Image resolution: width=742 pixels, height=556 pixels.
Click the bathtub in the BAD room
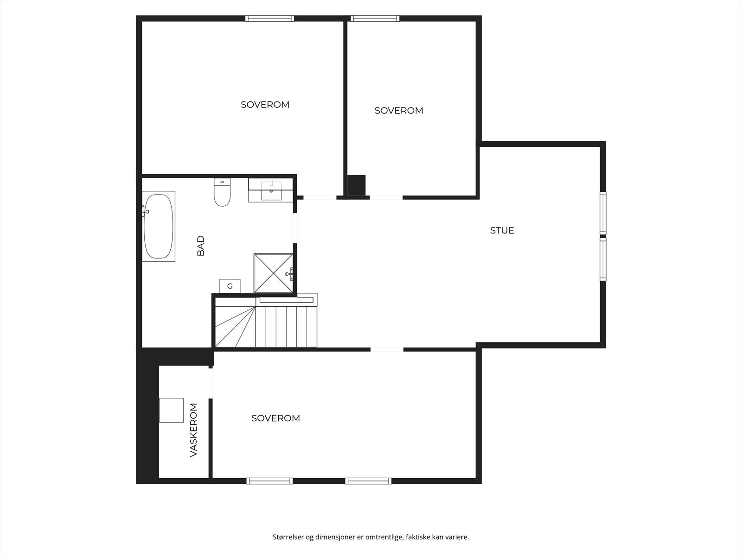[x=158, y=227]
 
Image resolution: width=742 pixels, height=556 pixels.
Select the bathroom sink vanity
[x=271, y=190]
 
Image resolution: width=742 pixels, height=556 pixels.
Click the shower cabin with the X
[x=274, y=273]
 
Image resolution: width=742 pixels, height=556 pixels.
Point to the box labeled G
[x=230, y=286]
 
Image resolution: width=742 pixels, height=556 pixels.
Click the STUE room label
[x=502, y=230]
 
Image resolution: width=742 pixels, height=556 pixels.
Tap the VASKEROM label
[x=194, y=430]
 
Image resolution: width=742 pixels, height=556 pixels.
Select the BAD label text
[x=201, y=246]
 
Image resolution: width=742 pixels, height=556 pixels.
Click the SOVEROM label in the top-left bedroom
[x=265, y=105]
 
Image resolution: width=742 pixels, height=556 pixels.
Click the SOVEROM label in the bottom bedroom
[x=275, y=418]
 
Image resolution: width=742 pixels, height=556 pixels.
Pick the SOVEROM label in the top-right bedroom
[x=398, y=111]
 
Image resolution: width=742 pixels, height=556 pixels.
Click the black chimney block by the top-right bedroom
[x=356, y=185]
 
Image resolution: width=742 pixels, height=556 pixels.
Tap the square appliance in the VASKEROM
[x=171, y=410]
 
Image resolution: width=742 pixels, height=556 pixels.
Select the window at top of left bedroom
[x=269, y=19]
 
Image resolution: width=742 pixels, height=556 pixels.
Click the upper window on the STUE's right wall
[x=603, y=213]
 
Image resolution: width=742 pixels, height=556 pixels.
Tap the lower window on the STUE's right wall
[x=603, y=259]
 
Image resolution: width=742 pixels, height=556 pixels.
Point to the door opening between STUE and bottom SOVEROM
[x=387, y=349]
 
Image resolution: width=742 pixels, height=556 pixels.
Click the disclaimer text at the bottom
[x=371, y=537]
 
